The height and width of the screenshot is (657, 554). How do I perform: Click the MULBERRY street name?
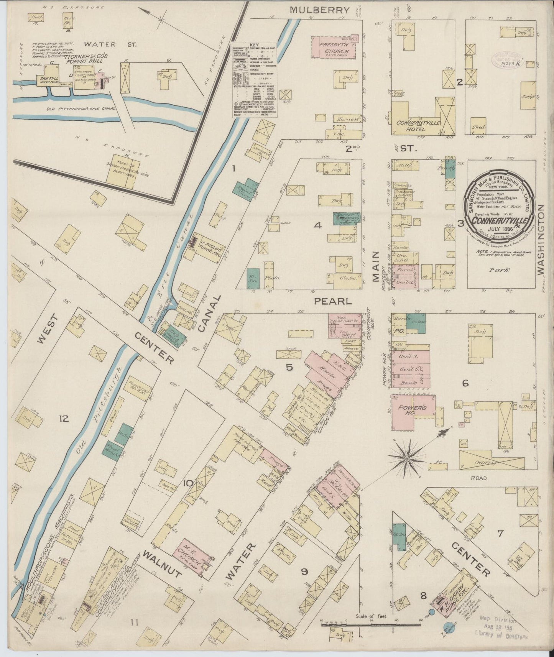[x=320, y=10]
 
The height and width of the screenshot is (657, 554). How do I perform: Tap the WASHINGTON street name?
[x=541, y=239]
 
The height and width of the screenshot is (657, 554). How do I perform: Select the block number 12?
[x=64, y=419]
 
